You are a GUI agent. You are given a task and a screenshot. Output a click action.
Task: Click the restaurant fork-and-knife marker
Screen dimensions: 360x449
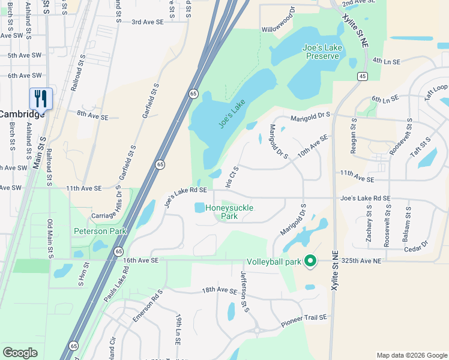pos(41,98)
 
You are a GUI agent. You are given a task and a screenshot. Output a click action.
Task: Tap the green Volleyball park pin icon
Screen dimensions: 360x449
pos(310,261)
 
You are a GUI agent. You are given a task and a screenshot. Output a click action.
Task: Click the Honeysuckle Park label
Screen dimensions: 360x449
pos(229,212)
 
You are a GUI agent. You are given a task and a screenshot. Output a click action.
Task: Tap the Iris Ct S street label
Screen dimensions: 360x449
pos(232,176)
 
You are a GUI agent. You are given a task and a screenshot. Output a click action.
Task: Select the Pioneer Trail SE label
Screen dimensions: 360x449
pos(304,321)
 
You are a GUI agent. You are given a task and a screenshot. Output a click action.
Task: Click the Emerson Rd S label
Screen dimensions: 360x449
pos(148,305)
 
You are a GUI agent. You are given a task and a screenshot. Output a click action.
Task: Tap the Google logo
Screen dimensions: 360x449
pos(20,353)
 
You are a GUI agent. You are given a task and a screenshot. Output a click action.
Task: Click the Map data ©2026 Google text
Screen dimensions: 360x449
pos(411,355)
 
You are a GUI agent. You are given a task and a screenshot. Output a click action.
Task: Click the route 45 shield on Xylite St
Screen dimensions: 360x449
pos(362,76)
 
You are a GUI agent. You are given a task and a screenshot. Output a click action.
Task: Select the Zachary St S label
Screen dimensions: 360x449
pos(369,226)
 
